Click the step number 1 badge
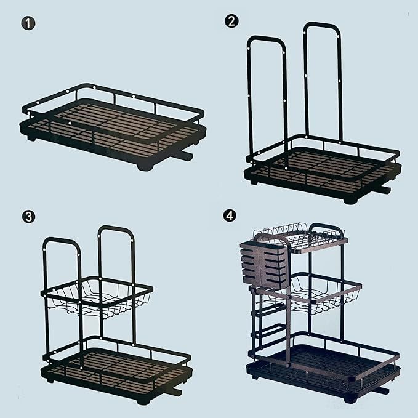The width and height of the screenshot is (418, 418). [x=28, y=23]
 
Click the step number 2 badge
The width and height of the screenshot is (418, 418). [x=231, y=21]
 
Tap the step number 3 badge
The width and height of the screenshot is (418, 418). [x=28, y=217]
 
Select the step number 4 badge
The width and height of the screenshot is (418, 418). [x=230, y=215]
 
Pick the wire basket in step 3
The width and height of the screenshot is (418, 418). [x=97, y=297]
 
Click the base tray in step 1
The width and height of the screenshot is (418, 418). [x=113, y=139]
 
